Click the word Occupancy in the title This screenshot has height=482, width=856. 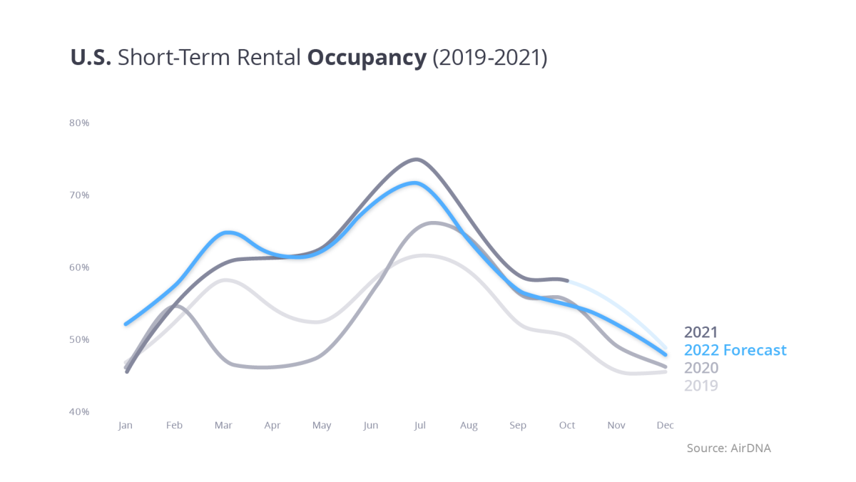(366, 58)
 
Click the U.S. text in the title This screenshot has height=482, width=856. (91, 57)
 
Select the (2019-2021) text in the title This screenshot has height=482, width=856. (489, 58)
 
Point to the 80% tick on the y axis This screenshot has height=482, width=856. (79, 123)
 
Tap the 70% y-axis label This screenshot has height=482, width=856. (79, 195)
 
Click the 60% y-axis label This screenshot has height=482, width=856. (79, 267)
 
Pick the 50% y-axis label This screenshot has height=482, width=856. (79, 339)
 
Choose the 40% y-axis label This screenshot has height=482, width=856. (79, 411)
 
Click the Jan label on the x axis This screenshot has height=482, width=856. (126, 426)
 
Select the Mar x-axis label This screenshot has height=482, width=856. (223, 426)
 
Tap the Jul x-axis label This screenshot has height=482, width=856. (419, 426)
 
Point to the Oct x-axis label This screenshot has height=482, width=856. (567, 426)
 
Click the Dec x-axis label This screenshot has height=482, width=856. (665, 426)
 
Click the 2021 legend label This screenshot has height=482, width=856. (700, 332)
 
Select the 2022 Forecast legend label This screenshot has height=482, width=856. (735, 350)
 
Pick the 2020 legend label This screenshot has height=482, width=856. (701, 368)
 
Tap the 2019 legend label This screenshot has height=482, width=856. (700, 386)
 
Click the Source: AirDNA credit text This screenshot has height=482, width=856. (728, 448)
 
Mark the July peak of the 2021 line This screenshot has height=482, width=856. (417, 159)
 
